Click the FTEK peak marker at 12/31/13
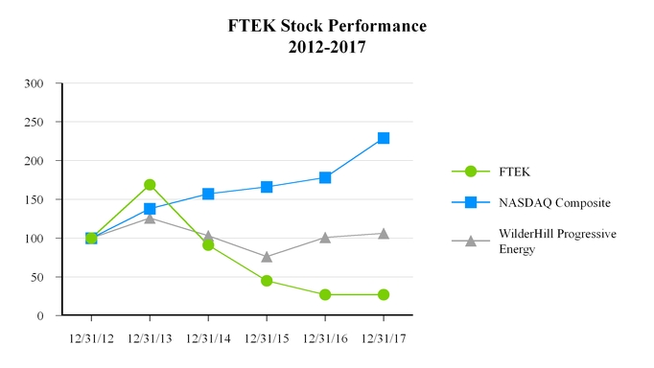coord(150,185)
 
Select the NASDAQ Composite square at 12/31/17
coord(384,138)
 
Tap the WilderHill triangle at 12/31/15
coord(267,257)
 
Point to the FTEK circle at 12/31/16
coord(325,294)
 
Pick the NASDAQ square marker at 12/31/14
coord(208,194)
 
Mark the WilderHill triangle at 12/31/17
coord(384,233)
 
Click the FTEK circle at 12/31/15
coord(267,281)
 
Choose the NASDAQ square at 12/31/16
coord(325,177)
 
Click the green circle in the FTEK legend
coord(470,172)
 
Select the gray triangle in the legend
coord(470,241)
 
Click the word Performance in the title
coord(368,26)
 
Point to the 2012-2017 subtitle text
coord(327,45)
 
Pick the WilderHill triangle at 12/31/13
coord(150,218)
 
